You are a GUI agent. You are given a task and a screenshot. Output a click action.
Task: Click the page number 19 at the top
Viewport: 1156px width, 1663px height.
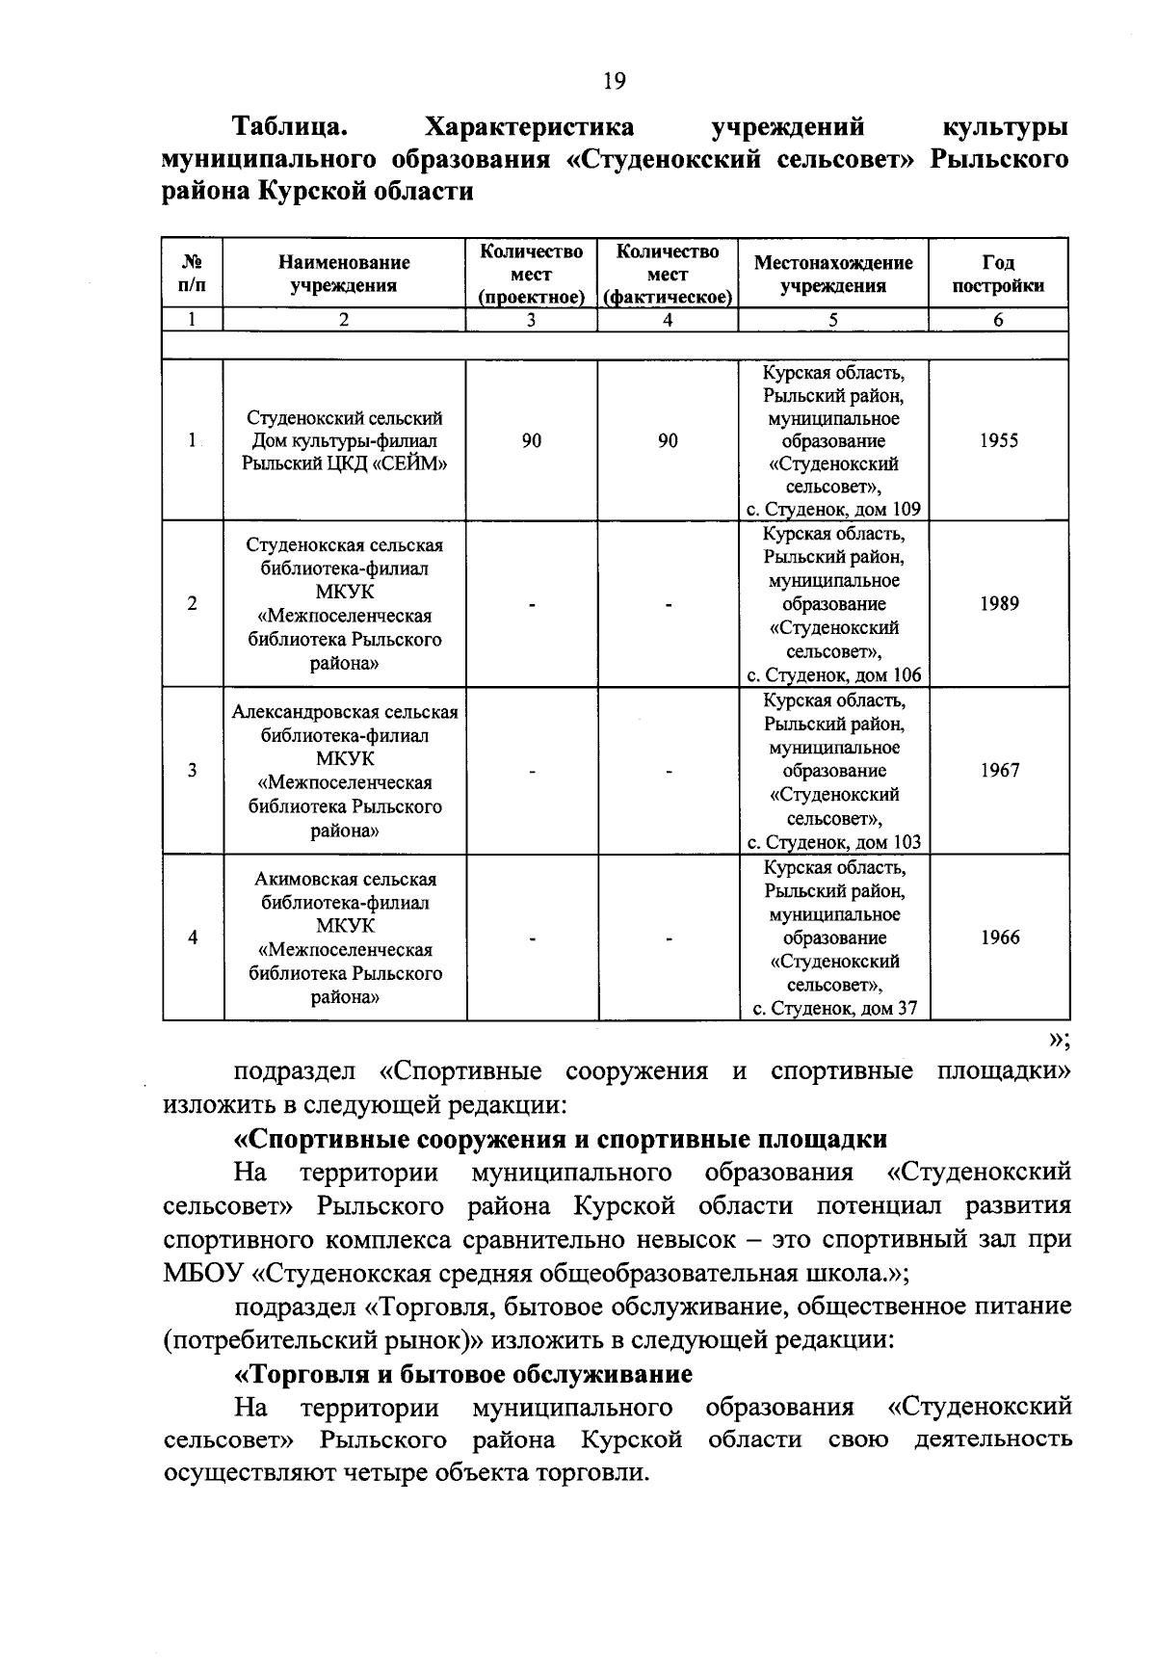(615, 81)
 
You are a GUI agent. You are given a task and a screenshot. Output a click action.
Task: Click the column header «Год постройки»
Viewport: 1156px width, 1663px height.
(998, 274)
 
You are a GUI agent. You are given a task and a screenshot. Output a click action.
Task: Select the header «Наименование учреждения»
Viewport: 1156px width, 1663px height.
(344, 274)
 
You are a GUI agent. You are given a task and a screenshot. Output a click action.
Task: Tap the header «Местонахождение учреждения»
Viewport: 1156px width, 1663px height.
(833, 274)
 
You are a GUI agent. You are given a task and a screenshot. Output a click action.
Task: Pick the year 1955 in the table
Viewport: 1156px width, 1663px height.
(999, 440)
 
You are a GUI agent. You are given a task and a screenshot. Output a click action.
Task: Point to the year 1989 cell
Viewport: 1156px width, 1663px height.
(999, 604)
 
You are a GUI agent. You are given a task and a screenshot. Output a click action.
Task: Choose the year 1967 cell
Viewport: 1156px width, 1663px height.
(999, 771)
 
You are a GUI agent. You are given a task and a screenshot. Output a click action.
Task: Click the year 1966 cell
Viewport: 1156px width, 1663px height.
(999, 937)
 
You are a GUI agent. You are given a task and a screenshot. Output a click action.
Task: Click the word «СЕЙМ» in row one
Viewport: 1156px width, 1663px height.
(409, 464)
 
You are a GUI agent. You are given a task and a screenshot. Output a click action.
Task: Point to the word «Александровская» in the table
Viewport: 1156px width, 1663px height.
(306, 713)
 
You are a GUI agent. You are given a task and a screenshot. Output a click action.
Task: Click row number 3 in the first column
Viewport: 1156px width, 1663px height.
(193, 771)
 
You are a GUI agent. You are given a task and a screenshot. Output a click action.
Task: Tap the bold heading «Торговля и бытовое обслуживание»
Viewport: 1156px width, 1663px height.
(464, 1373)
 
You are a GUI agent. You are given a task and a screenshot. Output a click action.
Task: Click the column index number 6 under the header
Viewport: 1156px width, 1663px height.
(999, 321)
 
